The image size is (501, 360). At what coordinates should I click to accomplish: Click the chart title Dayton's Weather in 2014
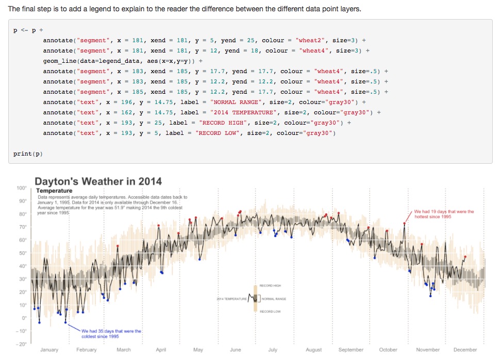tap(98, 181)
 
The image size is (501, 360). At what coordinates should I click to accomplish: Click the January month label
tap(49, 350)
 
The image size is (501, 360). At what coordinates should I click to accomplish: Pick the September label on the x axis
tap(350, 350)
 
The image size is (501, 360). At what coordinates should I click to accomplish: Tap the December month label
tap(465, 350)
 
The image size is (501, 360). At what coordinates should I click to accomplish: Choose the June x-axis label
tap(235, 350)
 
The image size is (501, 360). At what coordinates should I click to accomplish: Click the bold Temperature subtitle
tap(54, 191)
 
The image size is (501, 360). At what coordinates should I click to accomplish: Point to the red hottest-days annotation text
tap(444, 214)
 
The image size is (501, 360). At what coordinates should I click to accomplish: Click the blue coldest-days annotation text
tap(111, 333)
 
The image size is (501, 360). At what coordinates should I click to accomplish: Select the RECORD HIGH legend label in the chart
tap(270, 285)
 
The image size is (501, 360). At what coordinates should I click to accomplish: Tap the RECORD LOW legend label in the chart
tap(270, 312)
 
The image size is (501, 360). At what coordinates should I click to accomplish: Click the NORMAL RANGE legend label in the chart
tap(274, 299)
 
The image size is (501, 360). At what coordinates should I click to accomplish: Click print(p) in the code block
tap(28, 153)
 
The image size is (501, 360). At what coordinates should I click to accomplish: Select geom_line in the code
tap(60, 61)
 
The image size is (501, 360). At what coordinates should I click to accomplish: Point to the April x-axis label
tap(161, 350)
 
